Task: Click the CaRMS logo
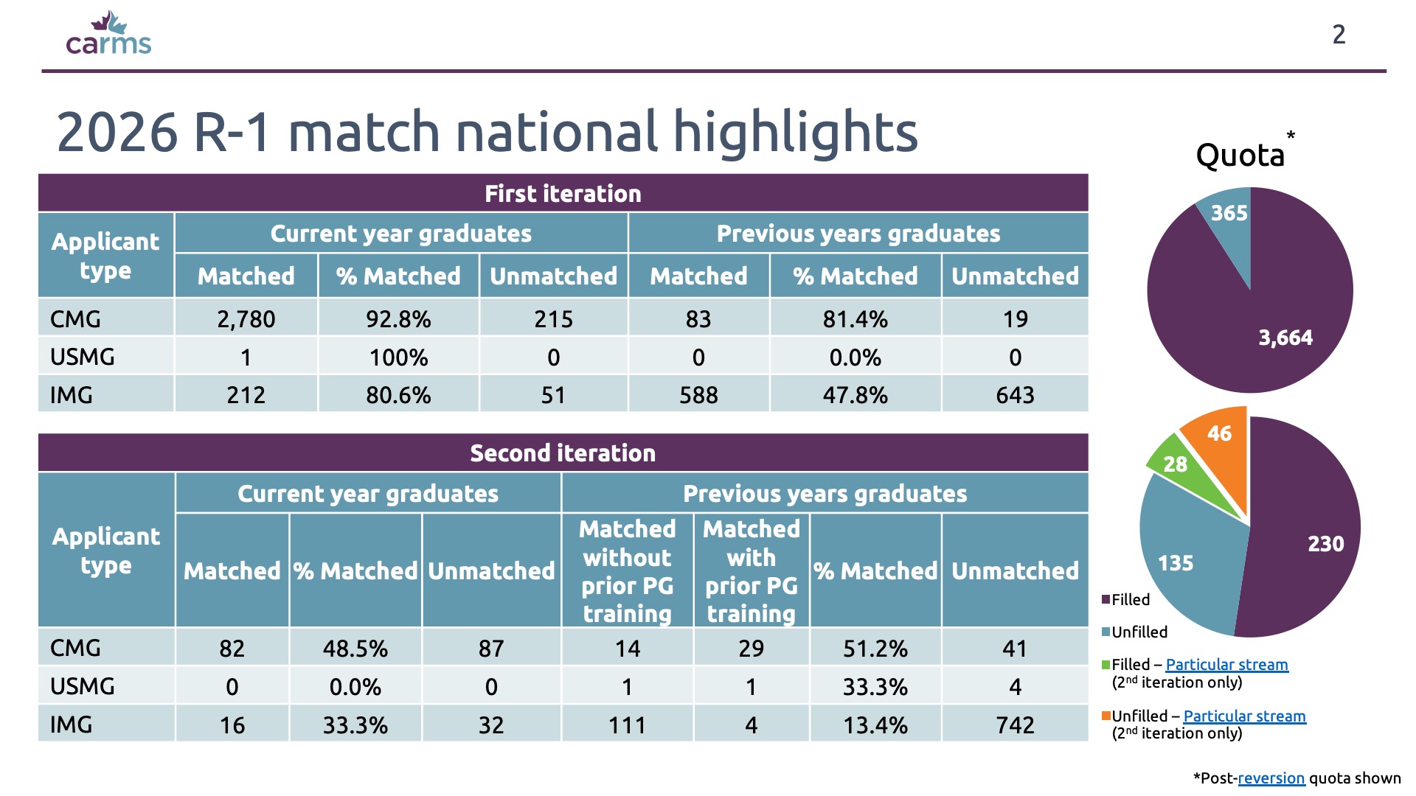(108, 33)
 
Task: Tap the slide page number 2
(1339, 35)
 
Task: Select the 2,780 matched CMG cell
(246, 318)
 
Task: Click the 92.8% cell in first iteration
(398, 318)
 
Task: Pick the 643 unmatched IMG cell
(1015, 395)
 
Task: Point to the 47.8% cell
(855, 395)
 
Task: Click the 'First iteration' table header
(563, 193)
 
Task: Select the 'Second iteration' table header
(563, 453)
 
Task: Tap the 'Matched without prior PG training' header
(627, 570)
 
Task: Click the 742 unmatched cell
(1015, 725)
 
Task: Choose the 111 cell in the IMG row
(627, 725)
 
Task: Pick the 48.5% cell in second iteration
(355, 648)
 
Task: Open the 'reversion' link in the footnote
(1271, 778)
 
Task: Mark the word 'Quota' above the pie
(1240, 156)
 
